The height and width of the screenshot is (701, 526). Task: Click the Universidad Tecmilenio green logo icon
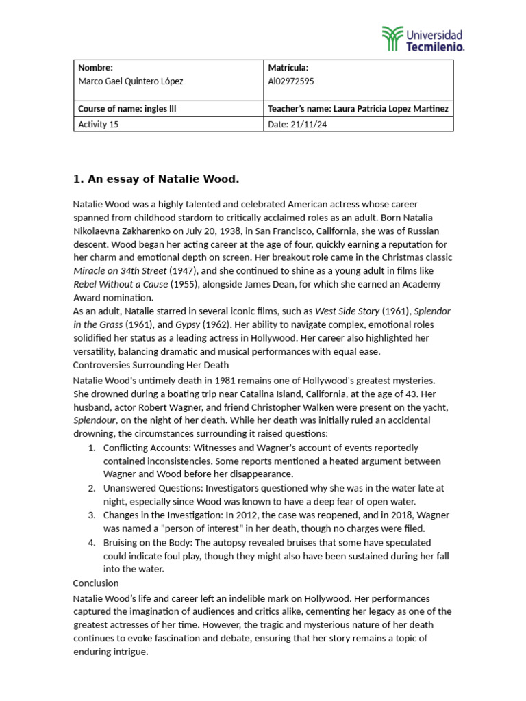(x=392, y=39)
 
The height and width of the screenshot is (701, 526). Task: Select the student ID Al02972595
(x=291, y=81)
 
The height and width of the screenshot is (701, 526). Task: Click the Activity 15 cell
(x=99, y=124)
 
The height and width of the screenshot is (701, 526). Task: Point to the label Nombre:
(x=95, y=68)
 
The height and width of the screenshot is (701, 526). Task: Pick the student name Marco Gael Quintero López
(x=131, y=81)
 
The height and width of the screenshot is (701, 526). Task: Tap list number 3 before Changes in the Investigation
(x=92, y=515)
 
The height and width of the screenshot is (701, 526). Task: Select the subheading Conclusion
(x=96, y=583)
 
